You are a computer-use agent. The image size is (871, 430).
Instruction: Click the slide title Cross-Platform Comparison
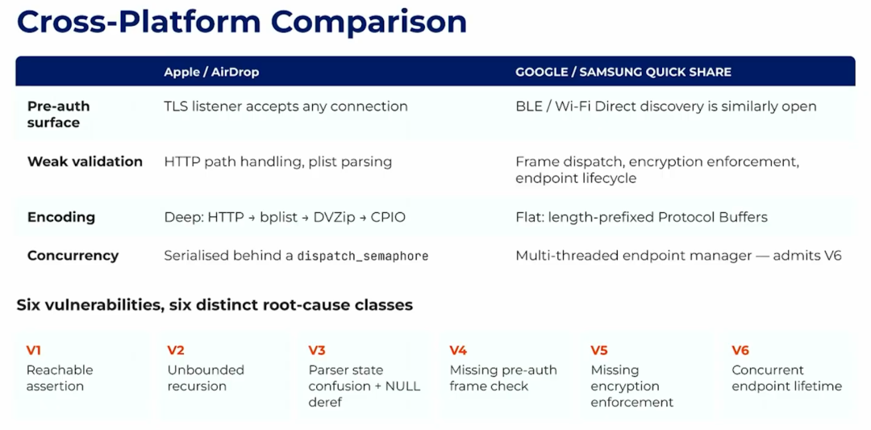click(x=242, y=23)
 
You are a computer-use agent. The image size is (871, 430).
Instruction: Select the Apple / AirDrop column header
click(x=211, y=73)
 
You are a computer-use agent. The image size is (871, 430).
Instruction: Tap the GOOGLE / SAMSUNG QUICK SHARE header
click(x=623, y=73)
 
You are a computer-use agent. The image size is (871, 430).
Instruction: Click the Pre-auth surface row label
click(x=58, y=114)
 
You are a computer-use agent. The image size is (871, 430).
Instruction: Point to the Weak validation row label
click(x=85, y=161)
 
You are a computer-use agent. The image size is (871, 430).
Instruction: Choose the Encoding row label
click(x=61, y=217)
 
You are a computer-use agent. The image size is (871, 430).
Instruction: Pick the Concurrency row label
click(x=73, y=256)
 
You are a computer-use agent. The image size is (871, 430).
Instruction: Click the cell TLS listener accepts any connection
click(x=285, y=106)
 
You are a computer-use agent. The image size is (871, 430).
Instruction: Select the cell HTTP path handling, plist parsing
click(x=277, y=161)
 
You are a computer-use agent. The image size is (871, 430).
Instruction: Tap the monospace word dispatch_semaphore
click(x=363, y=256)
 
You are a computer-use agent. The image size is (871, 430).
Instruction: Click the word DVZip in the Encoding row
click(x=329, y=217)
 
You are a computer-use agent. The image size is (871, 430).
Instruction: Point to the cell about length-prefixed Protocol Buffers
click(x=642, y=217)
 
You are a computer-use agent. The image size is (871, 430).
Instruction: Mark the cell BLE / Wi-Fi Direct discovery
click(x=666, y=106)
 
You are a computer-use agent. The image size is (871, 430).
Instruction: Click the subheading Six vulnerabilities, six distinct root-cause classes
click(x=215, y=305)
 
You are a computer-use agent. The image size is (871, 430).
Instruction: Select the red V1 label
click(x=33, y=350)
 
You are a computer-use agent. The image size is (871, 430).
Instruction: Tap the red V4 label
click(x=458, y=350)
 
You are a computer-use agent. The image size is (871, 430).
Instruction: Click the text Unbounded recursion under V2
click(x=206, y=378)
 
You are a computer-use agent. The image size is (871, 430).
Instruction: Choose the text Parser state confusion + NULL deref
click(x=364, y=386)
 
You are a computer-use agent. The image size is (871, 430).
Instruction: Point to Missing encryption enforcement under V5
click(x=631, y=386)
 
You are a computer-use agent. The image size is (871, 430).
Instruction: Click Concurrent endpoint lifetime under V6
click(x=786, y=378)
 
